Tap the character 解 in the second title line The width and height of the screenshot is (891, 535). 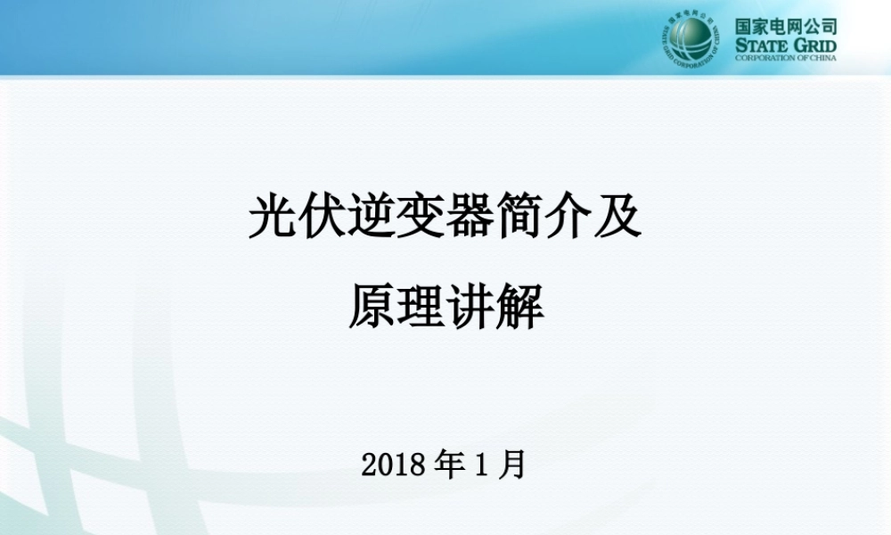point(519,306)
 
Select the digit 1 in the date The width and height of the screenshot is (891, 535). point(482,465)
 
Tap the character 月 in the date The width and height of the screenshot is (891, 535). point(512,464)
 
